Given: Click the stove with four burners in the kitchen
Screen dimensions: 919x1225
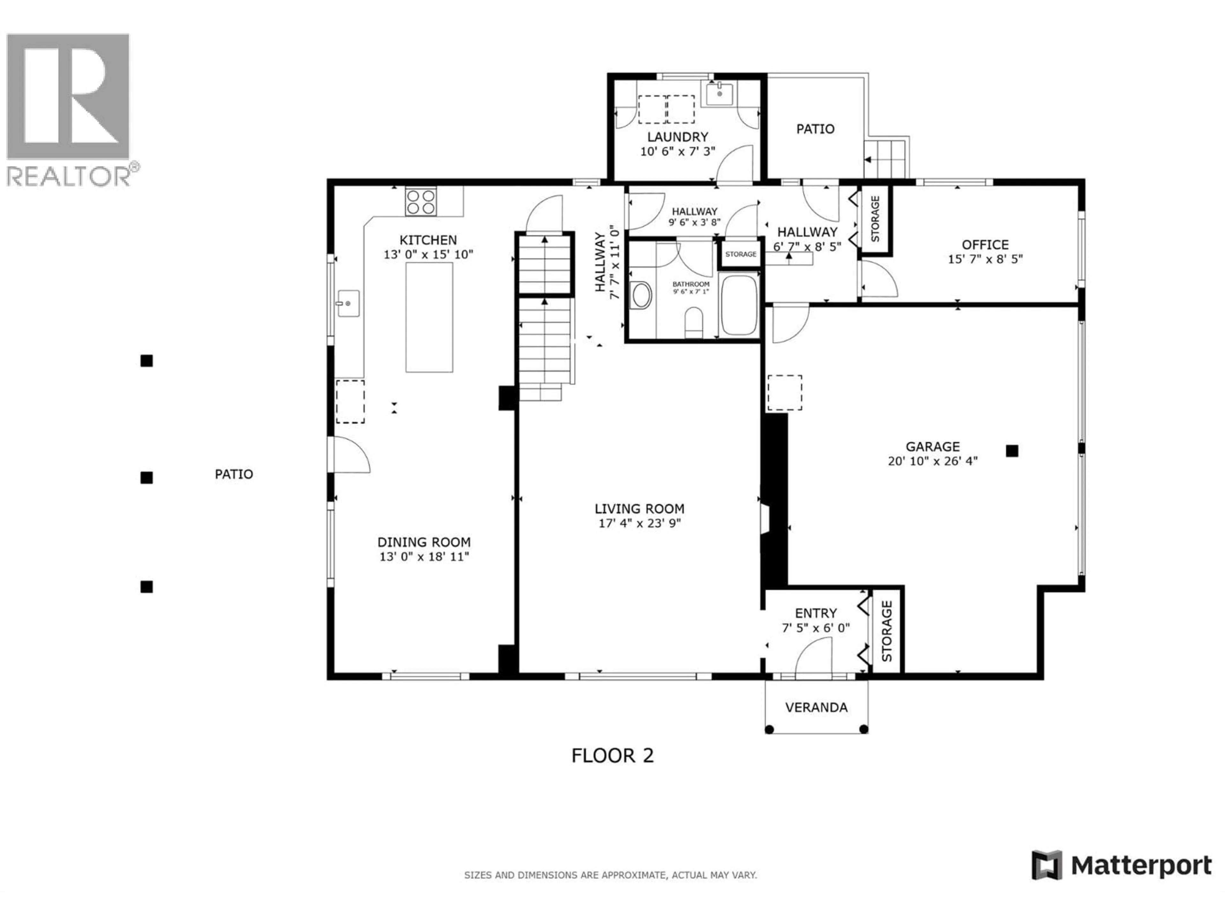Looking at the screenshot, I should click(420, 202).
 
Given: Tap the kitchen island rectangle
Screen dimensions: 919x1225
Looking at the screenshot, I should click(429, 317).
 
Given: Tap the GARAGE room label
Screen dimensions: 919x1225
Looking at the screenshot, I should click(932, 446).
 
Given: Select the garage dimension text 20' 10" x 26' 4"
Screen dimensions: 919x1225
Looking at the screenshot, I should click(932, 461).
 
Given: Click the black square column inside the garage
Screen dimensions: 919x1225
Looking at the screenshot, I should click(1012, 451).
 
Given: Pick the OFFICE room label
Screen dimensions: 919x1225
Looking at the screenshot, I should click(985, 244).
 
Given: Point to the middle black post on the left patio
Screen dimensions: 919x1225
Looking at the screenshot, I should click(146, 477).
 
